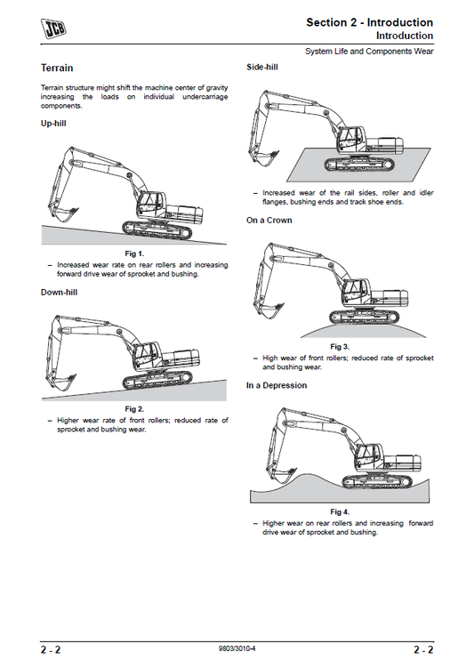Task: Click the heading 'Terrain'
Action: coord(57,68)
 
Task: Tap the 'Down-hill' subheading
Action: coord(59,292)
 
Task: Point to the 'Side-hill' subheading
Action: coord(264,68)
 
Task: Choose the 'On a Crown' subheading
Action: coord(269,220)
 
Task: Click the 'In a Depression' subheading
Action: coord(277,385)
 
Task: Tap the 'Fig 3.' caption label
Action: coord(340,345)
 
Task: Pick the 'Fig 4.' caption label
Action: coord(340,512)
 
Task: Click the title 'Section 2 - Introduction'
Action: coord(369,22)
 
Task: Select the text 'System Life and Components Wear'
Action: coord(369,52)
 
